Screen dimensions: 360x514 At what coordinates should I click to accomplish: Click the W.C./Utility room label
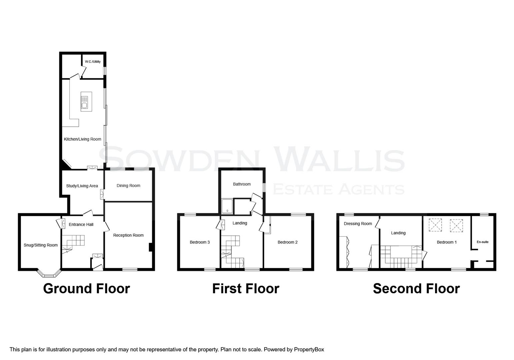coord(93,62)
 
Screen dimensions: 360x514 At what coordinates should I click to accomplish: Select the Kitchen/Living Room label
coord(82,139)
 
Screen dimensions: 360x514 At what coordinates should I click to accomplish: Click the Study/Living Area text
coord(82,186)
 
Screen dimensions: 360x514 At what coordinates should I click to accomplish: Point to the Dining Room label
coord(128,186)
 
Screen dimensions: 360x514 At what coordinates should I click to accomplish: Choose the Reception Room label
coord(128,235)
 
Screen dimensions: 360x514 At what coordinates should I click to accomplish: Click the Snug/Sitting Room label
coord(41,245)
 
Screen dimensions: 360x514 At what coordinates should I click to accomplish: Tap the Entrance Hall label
coord(81,225)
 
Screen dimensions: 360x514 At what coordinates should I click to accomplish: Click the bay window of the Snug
coord(49,275)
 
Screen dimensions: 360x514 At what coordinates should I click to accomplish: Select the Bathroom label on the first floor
coord(242,184)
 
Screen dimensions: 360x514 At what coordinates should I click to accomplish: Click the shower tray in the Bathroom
coord(227,206)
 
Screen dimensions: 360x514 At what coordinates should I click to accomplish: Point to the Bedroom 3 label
coord(200,242)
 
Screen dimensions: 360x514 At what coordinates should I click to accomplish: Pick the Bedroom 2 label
coord(287,242)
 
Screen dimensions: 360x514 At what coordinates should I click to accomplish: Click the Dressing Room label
coord(358,224)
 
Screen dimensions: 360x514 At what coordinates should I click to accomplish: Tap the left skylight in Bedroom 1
coord(435,225)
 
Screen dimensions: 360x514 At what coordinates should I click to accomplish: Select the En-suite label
coord(482,242)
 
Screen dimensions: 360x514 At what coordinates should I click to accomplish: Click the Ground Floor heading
coord(86,289)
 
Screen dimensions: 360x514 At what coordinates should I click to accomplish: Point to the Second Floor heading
coord(416,289)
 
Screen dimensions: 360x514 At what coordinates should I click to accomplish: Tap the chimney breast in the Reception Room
coord(151,247)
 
